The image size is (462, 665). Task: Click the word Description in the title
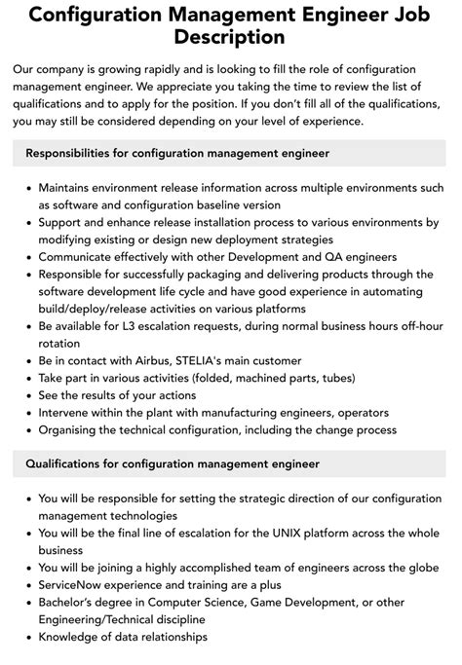point(231,38)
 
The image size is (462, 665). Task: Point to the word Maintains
point(71,188)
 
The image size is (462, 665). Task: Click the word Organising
point(74,429)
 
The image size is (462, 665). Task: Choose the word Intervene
point(68,412)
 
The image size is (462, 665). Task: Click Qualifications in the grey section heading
point(71,463)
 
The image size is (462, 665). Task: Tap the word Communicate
point(81,257)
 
